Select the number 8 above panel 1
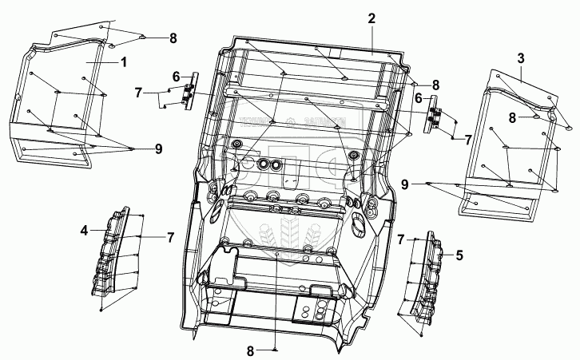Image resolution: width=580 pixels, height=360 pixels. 173,38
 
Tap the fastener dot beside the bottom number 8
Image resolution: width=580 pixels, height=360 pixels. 275,350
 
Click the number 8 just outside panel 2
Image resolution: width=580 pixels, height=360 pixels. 435,85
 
